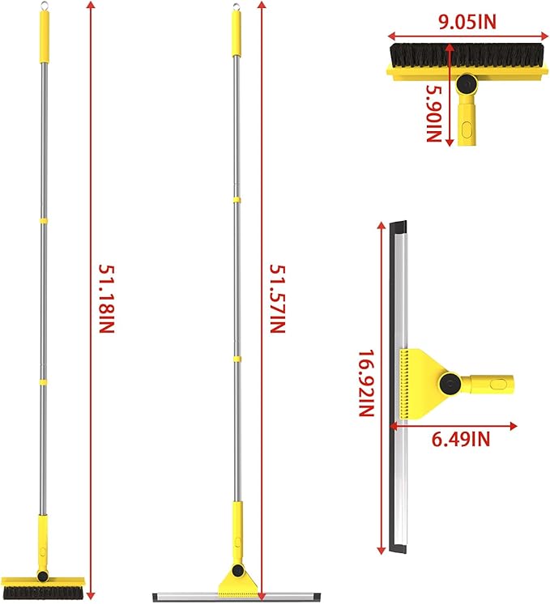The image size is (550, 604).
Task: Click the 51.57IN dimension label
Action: tap(276, 300)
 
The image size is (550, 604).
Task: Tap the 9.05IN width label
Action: tap(467, 21)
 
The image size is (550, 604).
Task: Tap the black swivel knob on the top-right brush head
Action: tap(467, 84)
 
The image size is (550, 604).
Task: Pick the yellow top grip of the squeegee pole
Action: tap(237, 35)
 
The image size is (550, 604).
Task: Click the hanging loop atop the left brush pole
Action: tap(43, 6)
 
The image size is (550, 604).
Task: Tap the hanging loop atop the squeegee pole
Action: tap(237, 8)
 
